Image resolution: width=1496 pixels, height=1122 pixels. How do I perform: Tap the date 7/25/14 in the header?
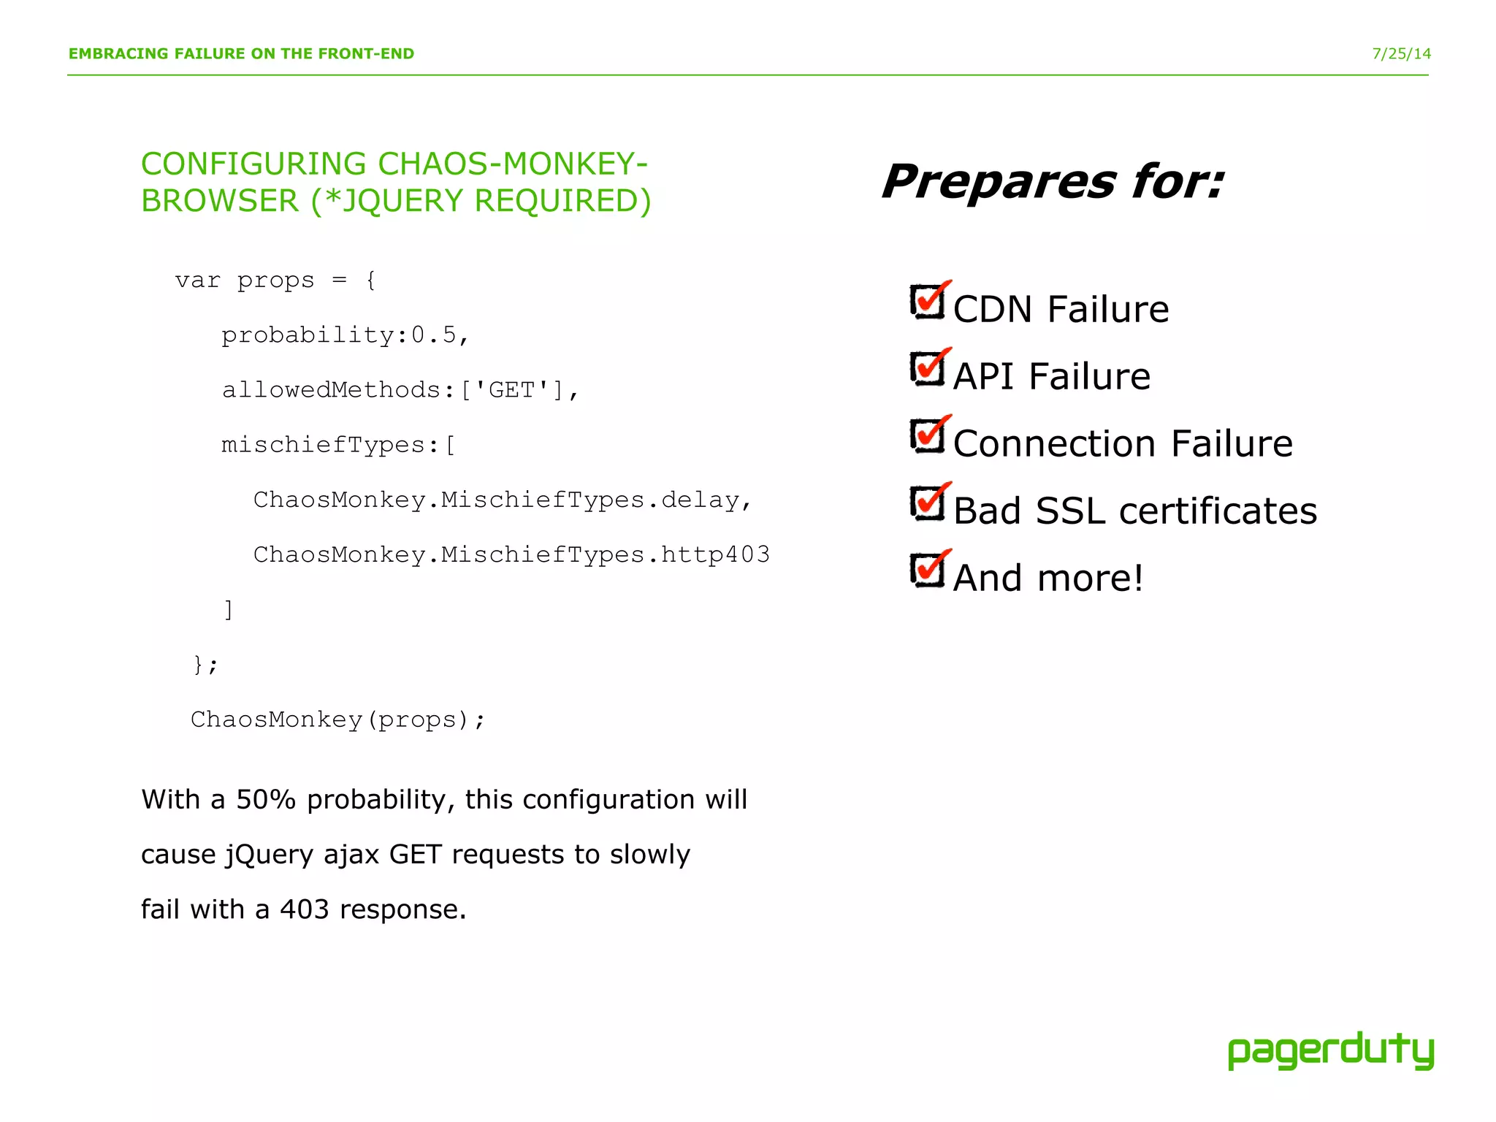[x=1401, y=54]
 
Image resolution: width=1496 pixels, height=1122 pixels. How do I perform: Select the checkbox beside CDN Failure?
[x=928, y=301]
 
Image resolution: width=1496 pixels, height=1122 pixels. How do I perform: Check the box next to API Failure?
[x=928, y=368]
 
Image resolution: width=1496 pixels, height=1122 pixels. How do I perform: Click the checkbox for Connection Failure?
[x=928, y=435]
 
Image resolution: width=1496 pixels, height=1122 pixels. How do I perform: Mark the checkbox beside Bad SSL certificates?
[x=928, y=503]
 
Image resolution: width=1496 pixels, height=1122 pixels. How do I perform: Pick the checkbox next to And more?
[x=928, y=570]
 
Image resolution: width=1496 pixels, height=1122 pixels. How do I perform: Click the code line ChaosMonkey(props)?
[x=337, y=720]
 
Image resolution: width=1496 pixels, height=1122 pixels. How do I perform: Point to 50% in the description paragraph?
[x=266, y=800]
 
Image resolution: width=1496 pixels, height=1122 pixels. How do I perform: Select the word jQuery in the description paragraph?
[x=270, y=855]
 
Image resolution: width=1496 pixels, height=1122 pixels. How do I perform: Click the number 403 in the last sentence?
[x=305, y=909]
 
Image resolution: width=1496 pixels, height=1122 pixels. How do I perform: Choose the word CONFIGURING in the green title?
[x=253, y=164]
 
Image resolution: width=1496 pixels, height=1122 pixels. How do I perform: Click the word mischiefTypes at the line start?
[x=324, y=445]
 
